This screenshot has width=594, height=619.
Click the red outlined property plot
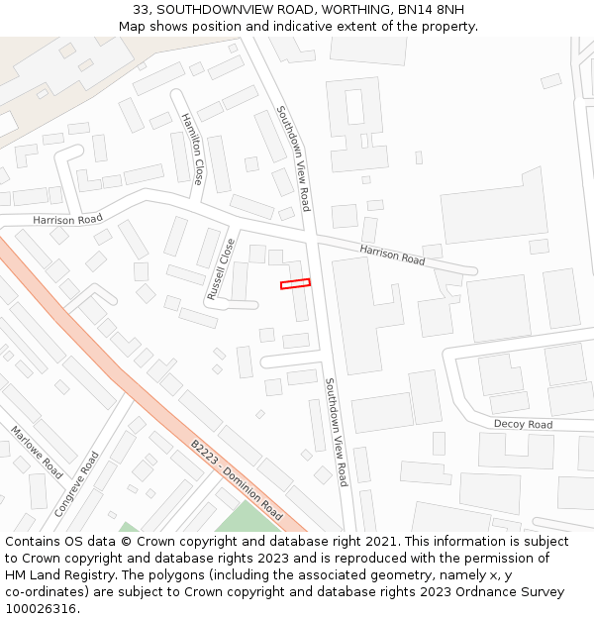tap(295, 284)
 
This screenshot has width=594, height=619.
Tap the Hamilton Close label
tap(191, 149)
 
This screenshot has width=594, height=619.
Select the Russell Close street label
tap(220, 269)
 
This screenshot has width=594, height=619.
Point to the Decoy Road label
tap(523, 425)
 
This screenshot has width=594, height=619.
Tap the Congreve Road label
tap(77, 483)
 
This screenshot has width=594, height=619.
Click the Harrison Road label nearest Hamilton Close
tap(67, 219)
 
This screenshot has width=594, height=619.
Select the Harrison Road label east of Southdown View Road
tap(392, 255)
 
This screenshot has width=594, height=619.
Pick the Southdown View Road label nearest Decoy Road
tap(337, 432)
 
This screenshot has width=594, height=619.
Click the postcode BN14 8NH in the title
tap(436, 10)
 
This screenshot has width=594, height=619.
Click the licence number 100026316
tap(41, 609)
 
